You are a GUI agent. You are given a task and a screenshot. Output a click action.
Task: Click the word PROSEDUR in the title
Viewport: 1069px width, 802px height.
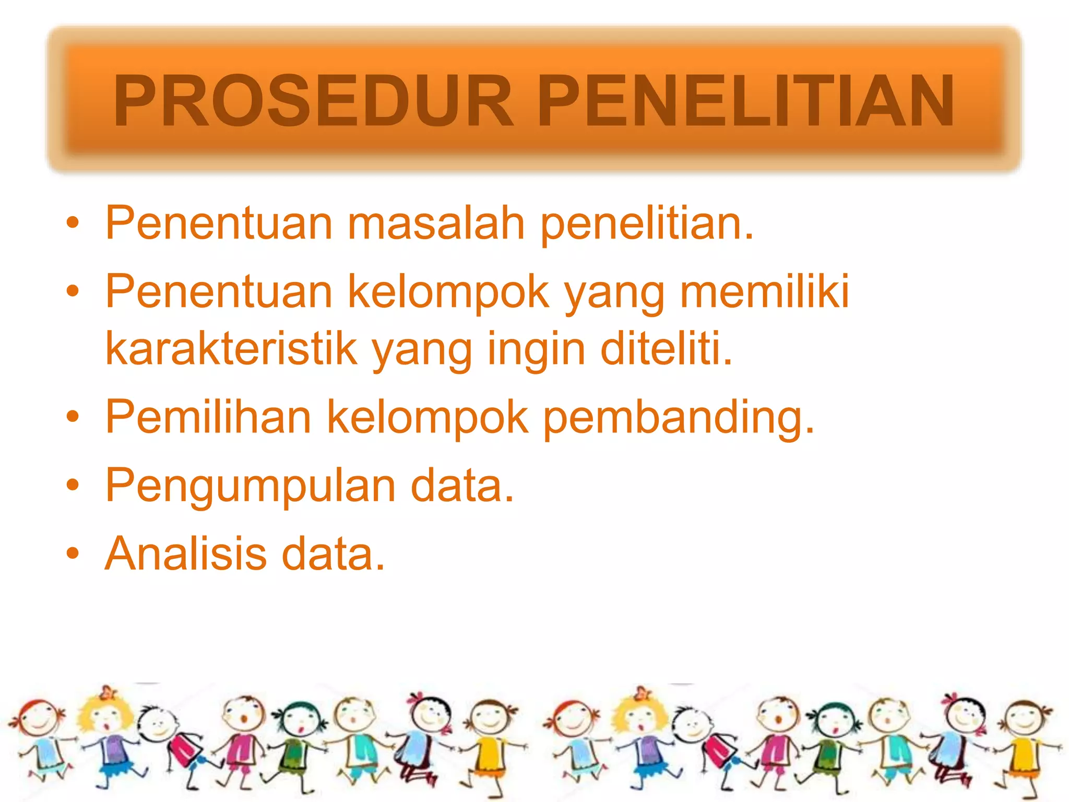[x=313, y=101]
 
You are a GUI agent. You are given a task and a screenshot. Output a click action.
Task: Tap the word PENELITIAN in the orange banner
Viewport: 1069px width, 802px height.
[x=745, y=101]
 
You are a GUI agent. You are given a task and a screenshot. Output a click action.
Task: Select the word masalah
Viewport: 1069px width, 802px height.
[x=436, y=223]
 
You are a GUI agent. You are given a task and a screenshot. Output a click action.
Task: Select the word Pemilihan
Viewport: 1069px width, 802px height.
[x=208, y=417]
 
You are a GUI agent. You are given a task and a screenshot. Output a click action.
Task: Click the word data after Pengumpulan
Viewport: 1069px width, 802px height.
[x=462, y=486]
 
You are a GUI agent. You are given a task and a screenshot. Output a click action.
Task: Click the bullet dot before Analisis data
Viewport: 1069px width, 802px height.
[x=73, y=553]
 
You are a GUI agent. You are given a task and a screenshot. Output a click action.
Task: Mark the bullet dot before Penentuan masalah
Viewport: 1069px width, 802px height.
[x=73, y=223]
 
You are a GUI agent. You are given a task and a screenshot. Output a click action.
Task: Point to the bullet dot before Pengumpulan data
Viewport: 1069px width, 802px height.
[x=73, y=485]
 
